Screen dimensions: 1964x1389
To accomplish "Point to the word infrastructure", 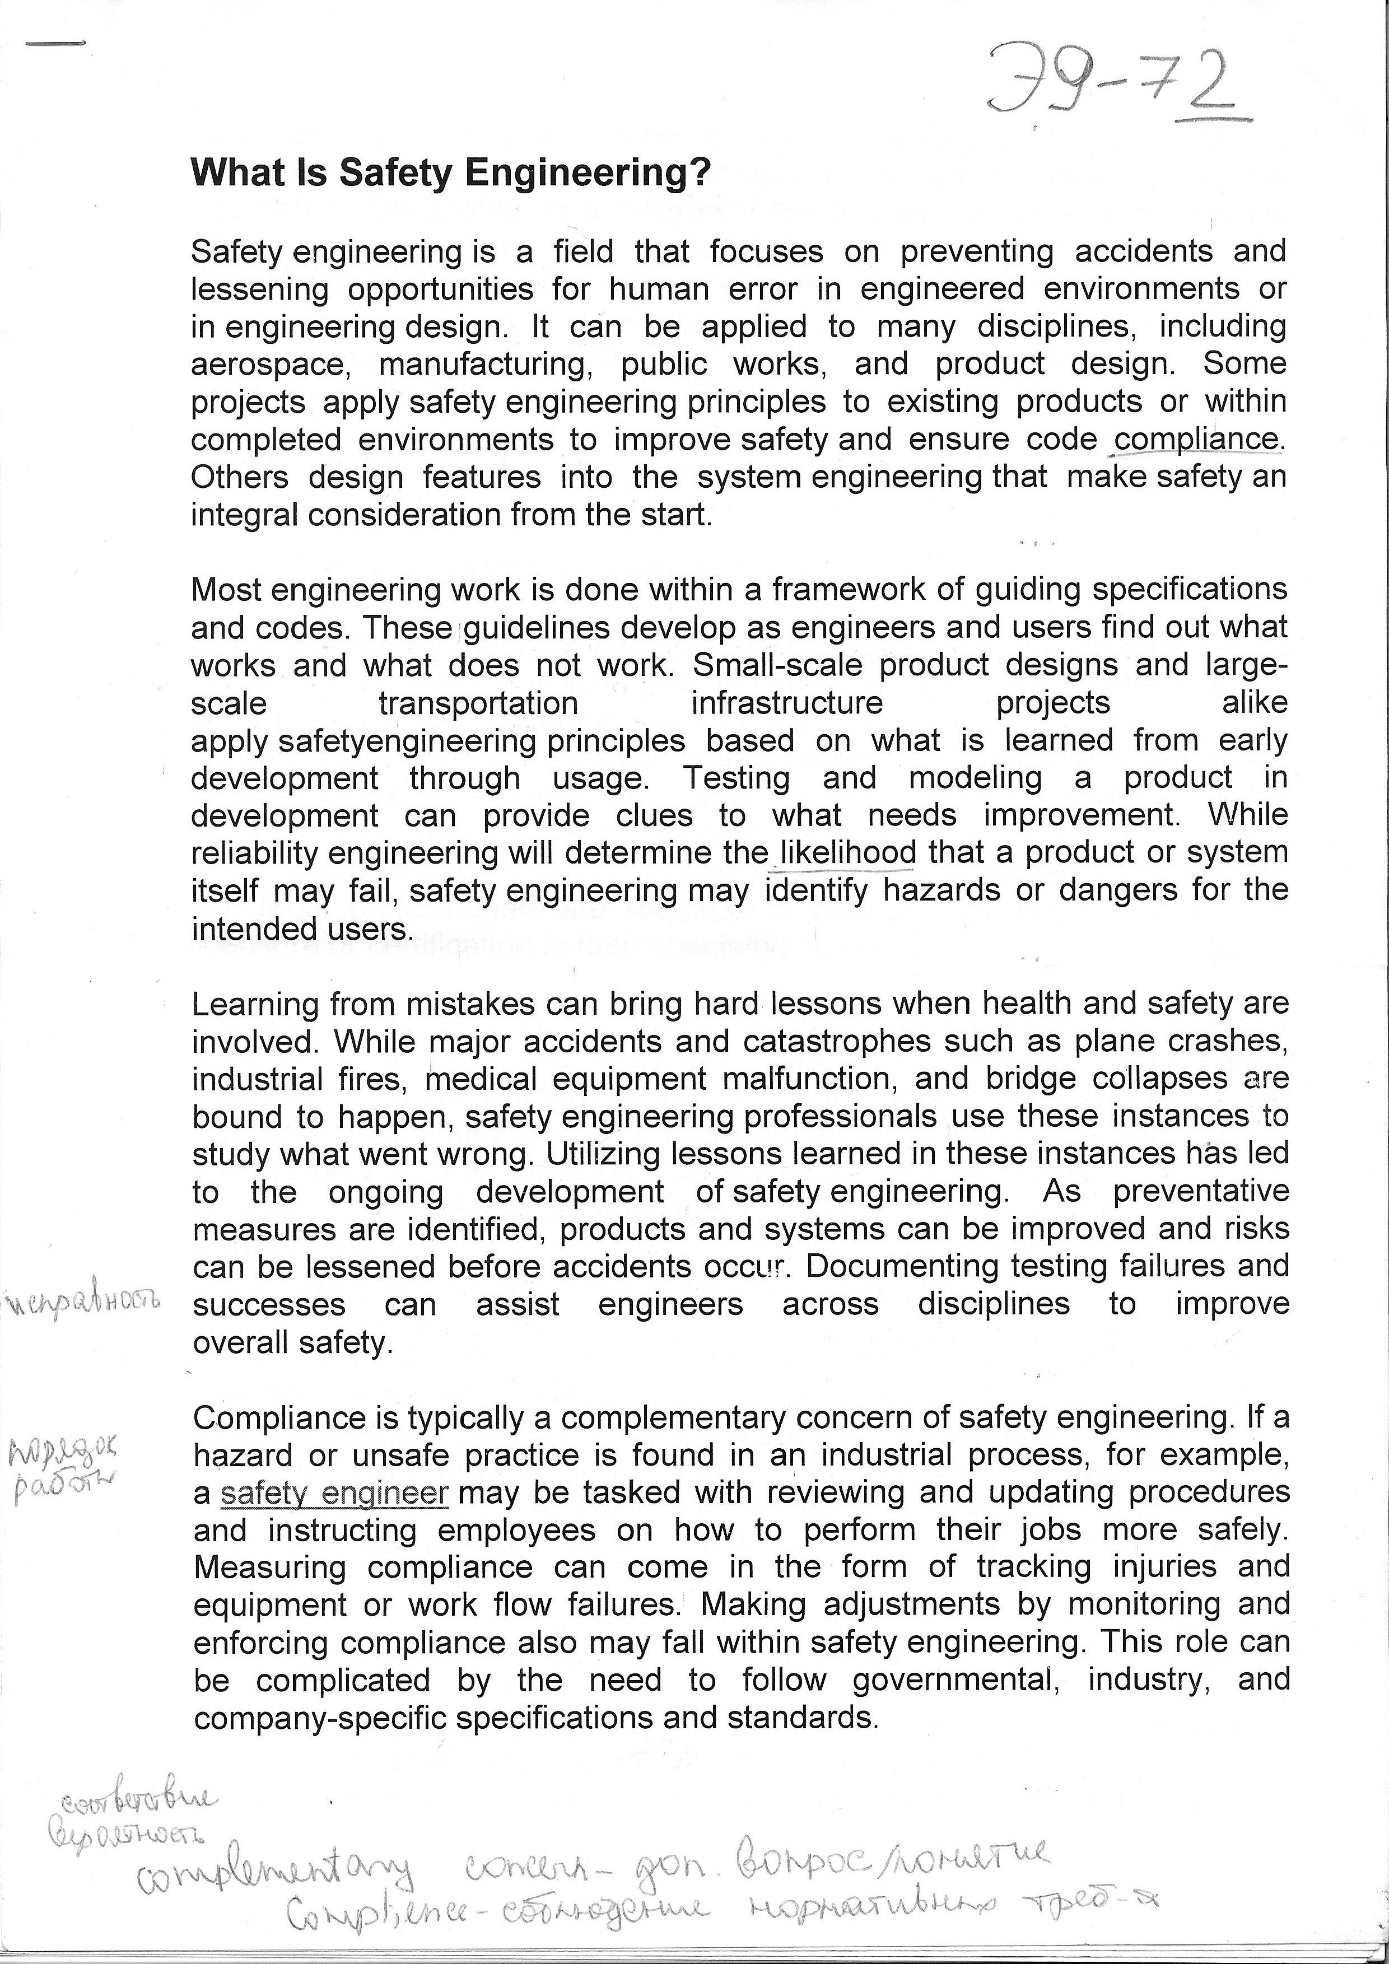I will pyautogui.click(x=787, y=703).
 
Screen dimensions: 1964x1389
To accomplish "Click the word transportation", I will pyautogui.click(x=478, y=703).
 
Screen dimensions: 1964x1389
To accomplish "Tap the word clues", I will pyautogui.click(x=654, y=815).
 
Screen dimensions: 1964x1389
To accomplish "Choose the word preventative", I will pyautogui.click(x=1201, y=1192).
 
